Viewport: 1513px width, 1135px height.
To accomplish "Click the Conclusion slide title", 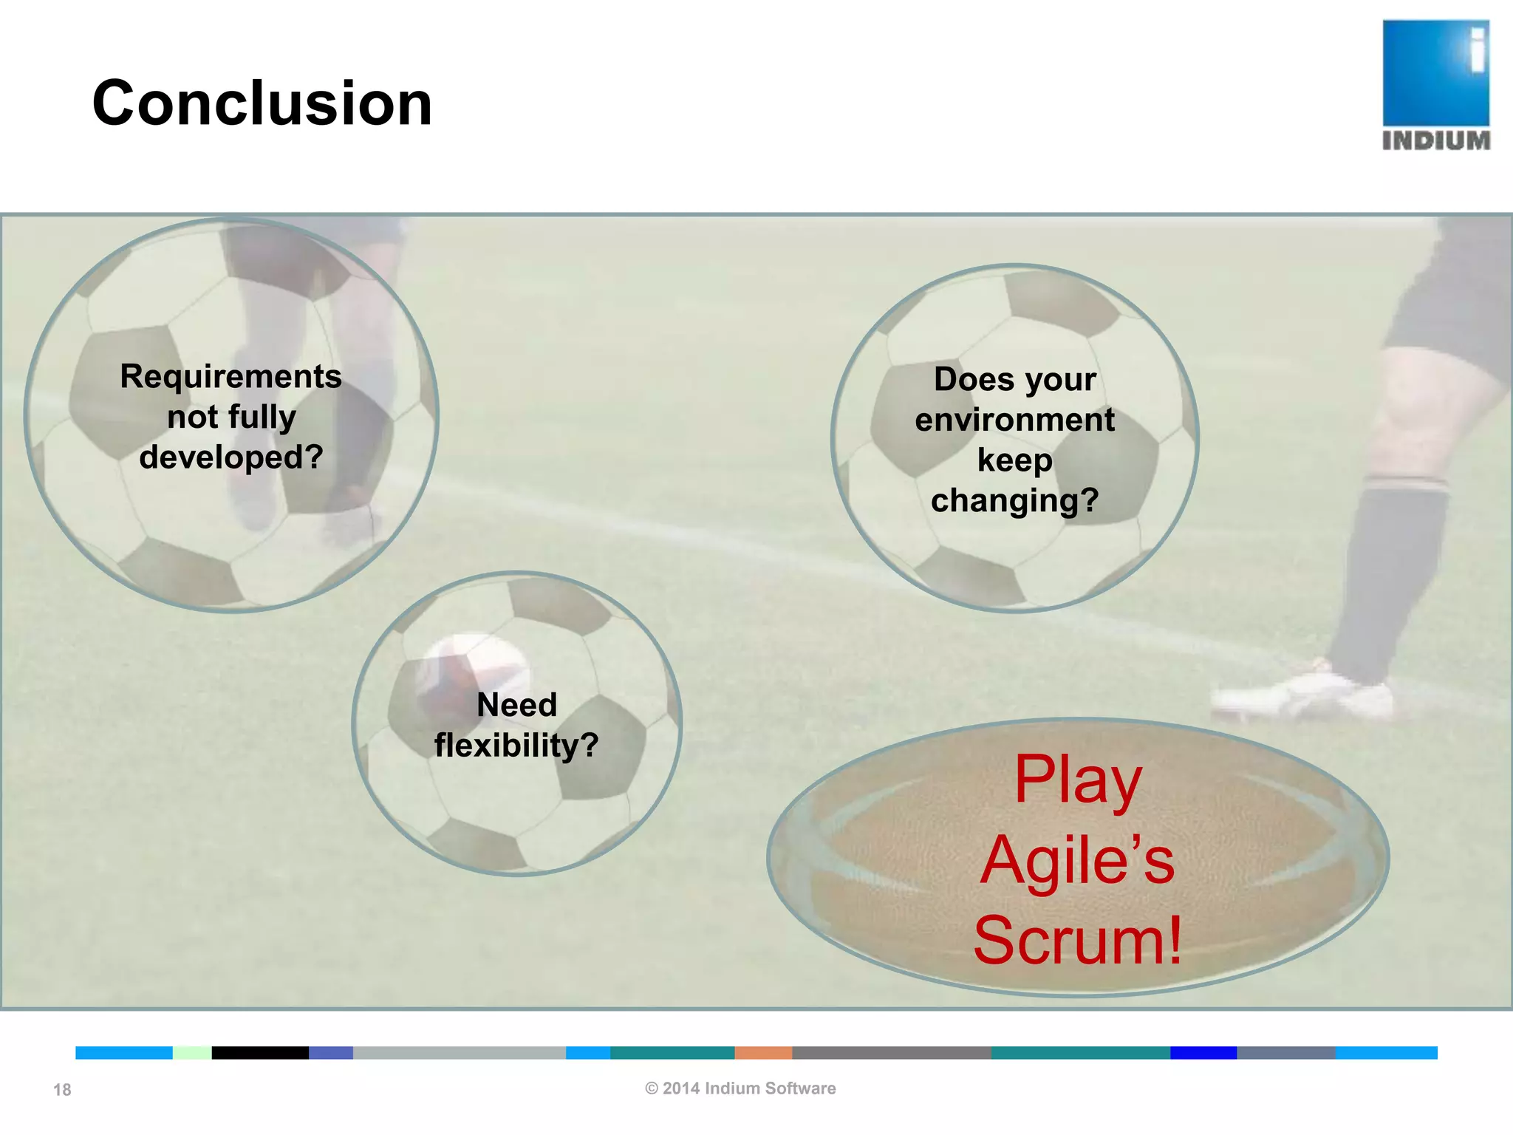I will [x=262, y=103].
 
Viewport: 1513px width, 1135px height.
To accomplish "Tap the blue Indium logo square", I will [x=1435, y=72].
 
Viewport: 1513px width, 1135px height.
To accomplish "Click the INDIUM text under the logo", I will [x=1435, y=140].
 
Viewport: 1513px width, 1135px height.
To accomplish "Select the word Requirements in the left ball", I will [x=230, y=376].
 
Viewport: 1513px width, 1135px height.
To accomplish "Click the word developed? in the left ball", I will [x=230, y=457].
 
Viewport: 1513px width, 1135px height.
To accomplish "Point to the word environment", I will [x=1014, y=420].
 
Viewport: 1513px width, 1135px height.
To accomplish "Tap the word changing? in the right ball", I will [x=1014, y=500].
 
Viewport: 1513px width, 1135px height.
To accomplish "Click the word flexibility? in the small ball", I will [x=516, y=745].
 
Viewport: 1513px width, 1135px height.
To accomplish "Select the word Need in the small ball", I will [x=516, y=704].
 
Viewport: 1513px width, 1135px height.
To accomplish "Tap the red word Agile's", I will [x=1077, y=861].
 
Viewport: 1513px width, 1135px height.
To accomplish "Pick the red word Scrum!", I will [x=1078, y=941].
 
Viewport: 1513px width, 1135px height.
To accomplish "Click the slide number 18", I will [x=62, y=1090].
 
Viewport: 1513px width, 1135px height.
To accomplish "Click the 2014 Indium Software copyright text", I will [x=740, y=1088].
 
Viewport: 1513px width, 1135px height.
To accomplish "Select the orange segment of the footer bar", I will [x=763, y=1053].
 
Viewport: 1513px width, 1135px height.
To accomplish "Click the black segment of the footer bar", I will [x=260, y=1053].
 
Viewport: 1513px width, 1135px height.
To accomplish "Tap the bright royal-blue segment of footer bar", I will [x=1203, y=1053].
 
